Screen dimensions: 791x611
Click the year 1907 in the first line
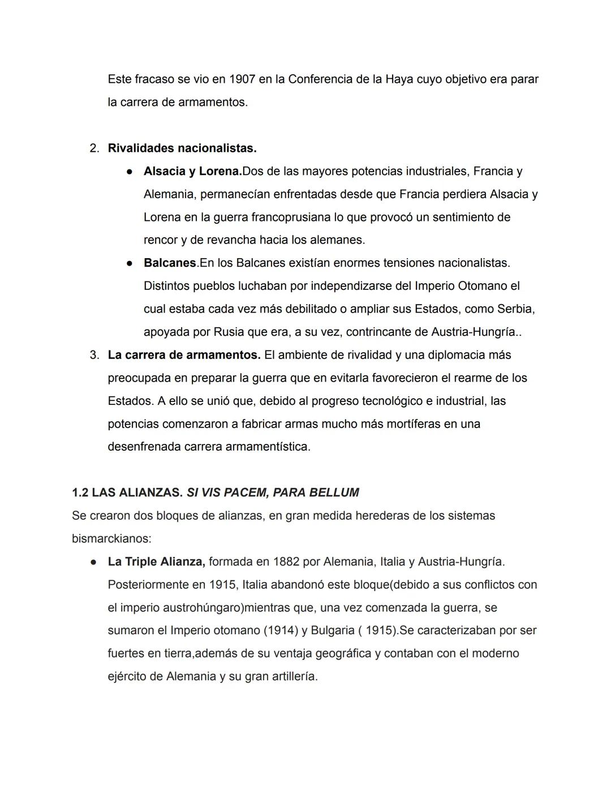(242, 79)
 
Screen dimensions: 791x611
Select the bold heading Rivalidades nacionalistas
(182, 148)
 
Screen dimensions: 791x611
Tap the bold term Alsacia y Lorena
(192, 171)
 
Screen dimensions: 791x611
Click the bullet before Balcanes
(130, 263)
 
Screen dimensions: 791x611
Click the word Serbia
(515, 309)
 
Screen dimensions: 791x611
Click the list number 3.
(94, 355)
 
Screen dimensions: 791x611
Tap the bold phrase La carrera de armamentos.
(184, 355)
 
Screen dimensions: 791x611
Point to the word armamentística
(268, 447)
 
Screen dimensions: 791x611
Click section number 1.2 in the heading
(80, 493)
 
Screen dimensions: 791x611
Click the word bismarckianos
(111, 538)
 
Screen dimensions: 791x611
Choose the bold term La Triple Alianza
(156, 562)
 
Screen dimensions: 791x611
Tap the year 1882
(286, 562)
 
